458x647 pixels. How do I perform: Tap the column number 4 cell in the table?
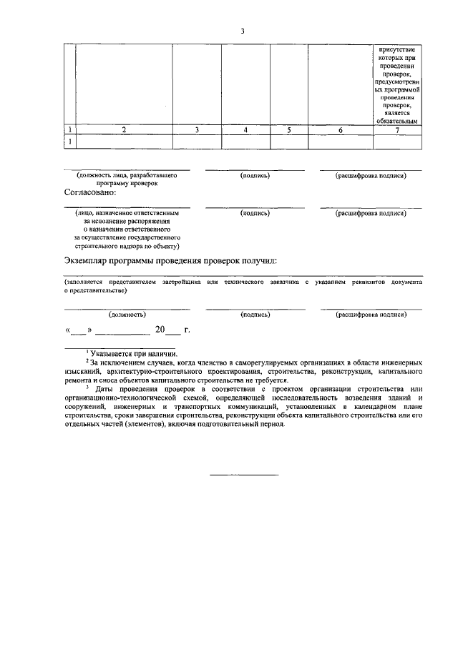click(x=245, y=130)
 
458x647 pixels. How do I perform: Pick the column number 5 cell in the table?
click(x=289, y=130)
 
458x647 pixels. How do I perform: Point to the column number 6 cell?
click(x=341, y=130)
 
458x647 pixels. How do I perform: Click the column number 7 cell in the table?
click(x=396, y=130)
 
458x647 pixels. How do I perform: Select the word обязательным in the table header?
click(x=396, y=121)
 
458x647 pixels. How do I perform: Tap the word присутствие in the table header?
click(x=396, y=48)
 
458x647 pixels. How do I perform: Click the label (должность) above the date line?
click(x=127, y=314)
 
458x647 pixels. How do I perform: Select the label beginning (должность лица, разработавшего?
click(x=127, y=174)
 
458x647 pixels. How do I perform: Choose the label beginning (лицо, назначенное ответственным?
click(x=127, y=212)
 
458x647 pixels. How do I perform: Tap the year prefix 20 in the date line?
click(x=160, y=330)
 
